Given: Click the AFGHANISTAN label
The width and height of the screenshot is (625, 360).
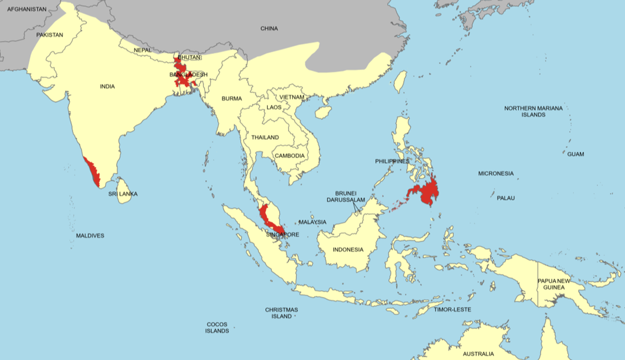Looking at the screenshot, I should (27, 9).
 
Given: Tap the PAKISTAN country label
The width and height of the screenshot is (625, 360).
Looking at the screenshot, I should (49, 35).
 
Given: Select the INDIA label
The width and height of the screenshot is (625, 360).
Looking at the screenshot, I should (107, 86).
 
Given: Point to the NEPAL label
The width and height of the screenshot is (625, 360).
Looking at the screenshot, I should (142, 50).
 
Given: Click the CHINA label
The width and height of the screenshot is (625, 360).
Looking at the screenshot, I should (269, 29).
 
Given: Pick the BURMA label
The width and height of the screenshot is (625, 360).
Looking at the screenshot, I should (231, 98).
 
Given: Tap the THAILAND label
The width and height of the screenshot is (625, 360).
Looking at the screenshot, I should (265, 138).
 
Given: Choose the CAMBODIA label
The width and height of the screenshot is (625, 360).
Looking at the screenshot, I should (290, 156).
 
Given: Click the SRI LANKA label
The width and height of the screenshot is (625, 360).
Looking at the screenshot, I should (123, 194).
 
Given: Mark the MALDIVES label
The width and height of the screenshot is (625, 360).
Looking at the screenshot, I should (90, 235).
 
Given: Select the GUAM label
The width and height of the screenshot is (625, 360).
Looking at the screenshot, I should (576, 154).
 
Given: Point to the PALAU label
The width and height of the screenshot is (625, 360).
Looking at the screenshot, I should (505, 198).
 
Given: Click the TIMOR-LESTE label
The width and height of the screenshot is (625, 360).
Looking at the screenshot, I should (452, 309).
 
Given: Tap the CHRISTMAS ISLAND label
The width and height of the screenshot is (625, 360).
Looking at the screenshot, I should (282, 313).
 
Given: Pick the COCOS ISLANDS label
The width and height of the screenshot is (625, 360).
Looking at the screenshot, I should (217, 327).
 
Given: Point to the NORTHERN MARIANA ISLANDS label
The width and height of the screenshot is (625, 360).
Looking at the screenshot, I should (533, 111).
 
